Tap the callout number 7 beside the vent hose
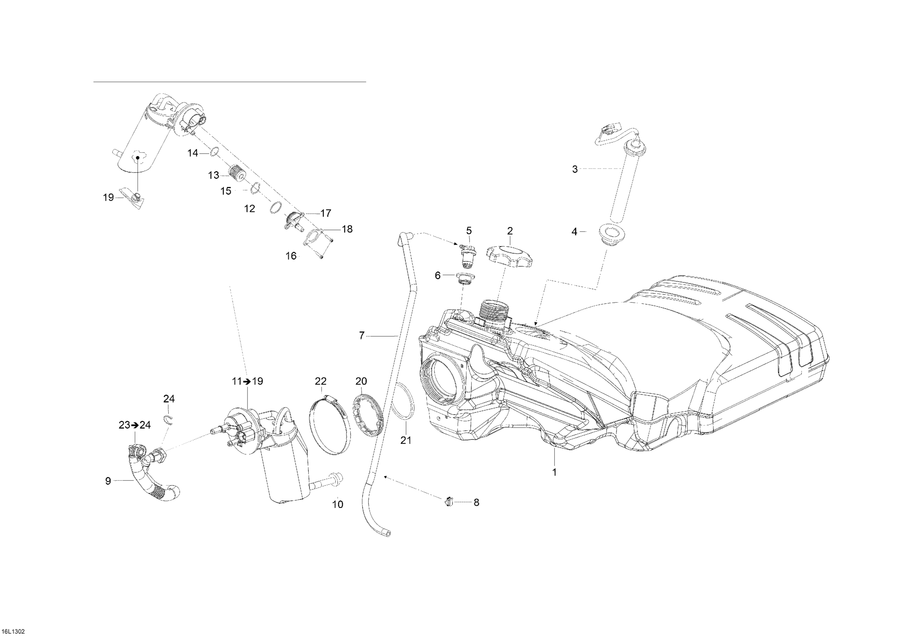[362, 336]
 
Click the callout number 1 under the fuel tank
[554, 472]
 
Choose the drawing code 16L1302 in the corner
[13, 631]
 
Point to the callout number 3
[575, 169]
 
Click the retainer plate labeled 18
[313, 237]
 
